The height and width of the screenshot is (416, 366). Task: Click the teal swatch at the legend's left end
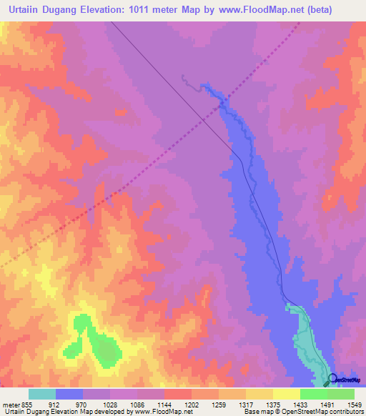click(42, 394)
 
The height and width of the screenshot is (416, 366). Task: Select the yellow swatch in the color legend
click(286, 394)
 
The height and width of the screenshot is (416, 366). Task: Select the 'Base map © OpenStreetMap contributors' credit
click(303, 412)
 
